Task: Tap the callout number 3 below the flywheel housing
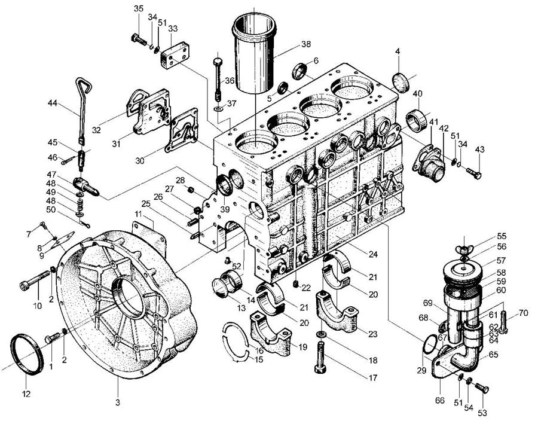(x=118, y=402)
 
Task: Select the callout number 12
(x=26, y=394)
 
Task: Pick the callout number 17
(x=373, y=378)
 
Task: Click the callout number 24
(x=372, y=254)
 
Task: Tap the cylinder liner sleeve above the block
(x=254, y=55)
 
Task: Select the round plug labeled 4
(x=401, y=83)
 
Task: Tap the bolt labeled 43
(x=474, y=173)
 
